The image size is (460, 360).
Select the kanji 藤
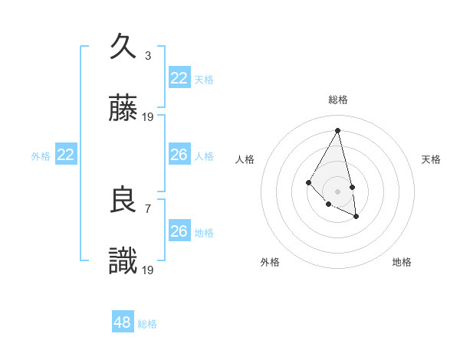(123, 110)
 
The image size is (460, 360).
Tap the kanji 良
(123, 201)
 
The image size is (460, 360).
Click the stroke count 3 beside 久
(148, 55)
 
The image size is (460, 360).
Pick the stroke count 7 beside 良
(148, 208)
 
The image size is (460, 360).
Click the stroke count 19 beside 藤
(148, 117)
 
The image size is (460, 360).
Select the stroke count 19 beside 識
(148, 270)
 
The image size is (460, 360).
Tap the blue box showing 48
(123, 322)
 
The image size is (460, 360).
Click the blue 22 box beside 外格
(66, 155)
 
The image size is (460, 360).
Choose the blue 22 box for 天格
(179, 78)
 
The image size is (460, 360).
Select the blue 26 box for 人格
(179, 155)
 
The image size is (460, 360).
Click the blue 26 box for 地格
(179, 231)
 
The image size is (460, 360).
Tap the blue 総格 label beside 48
(147, 324)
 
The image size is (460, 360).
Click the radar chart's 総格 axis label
(338, 100)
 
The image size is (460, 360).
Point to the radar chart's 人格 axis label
(245, 159)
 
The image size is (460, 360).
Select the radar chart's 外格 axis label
(270, 262)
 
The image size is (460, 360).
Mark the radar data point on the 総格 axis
(337, 130)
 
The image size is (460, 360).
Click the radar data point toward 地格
(356, 217)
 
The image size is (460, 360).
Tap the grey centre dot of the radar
(337, 191)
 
